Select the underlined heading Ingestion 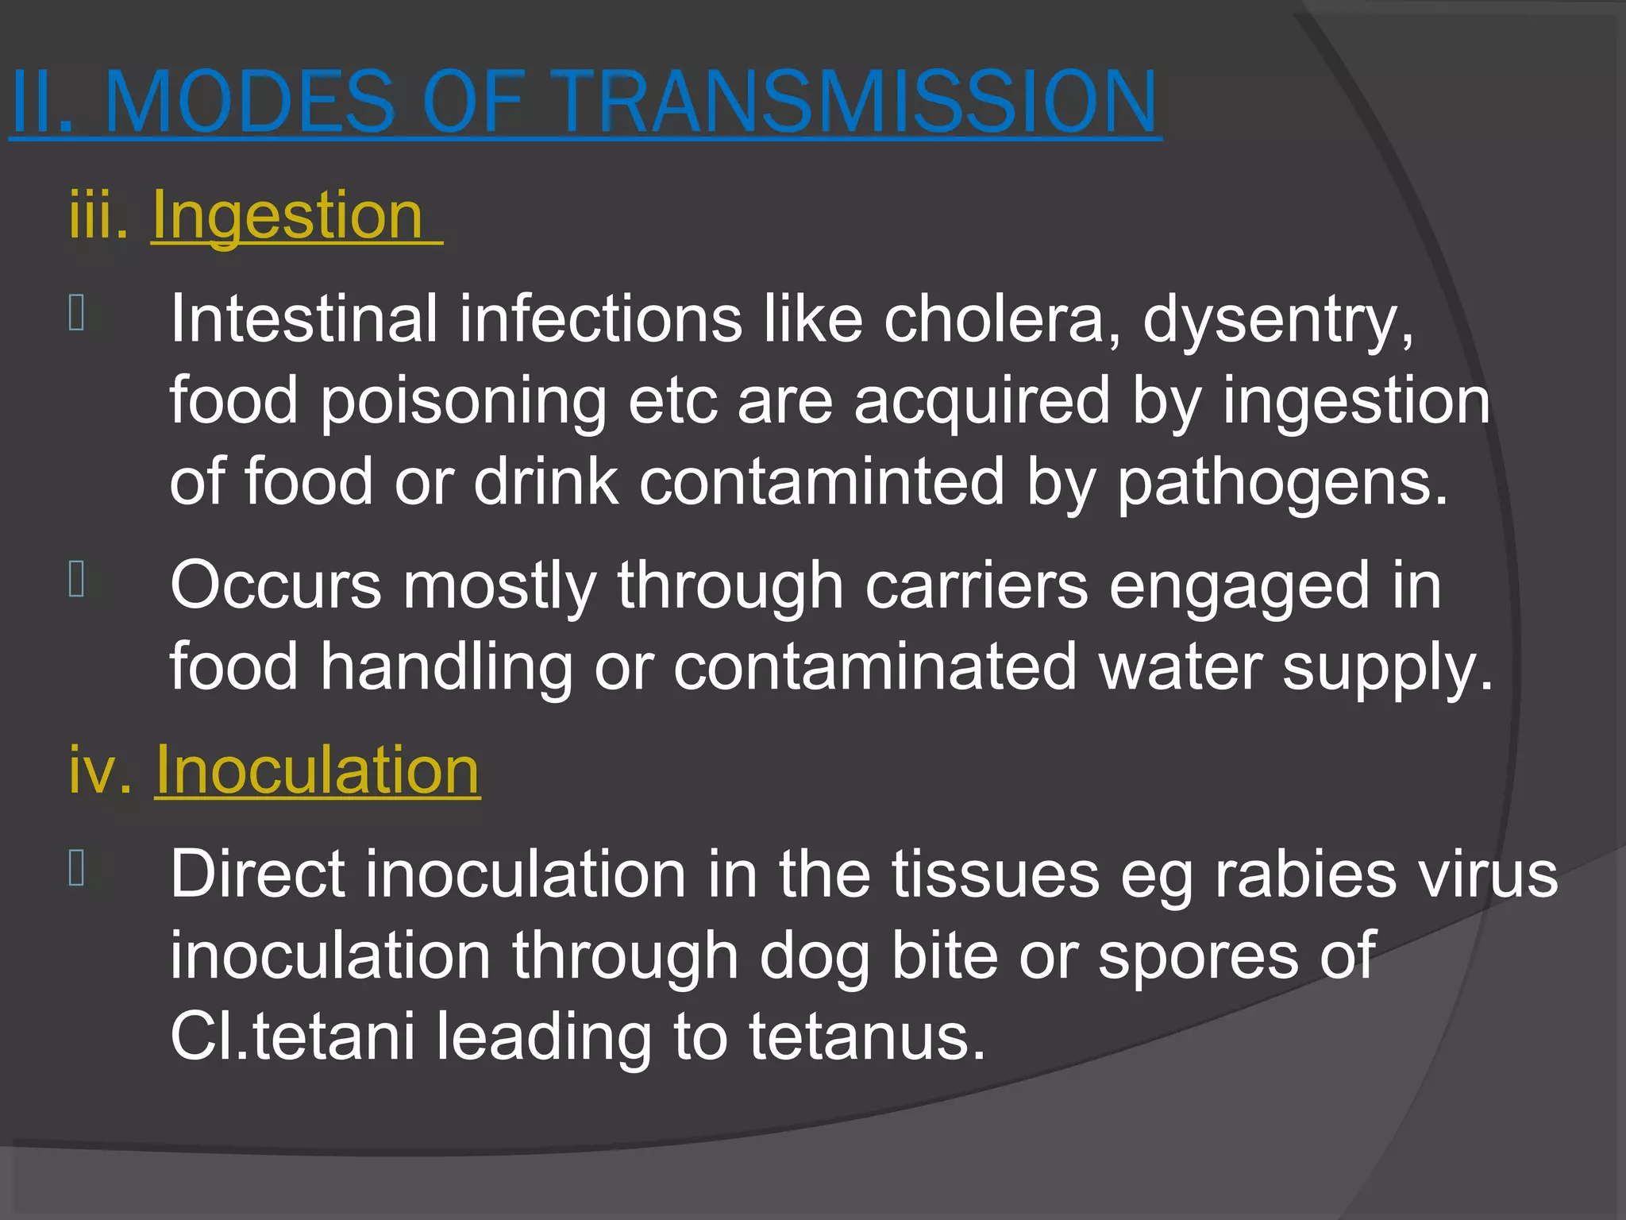click(287, 215)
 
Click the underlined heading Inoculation click(318, 770)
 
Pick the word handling click(446, 668)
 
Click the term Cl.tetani click(292, 1037)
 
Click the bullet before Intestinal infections click(77, 313)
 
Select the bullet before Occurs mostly click(77, 579)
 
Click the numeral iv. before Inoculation click(99, 770)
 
